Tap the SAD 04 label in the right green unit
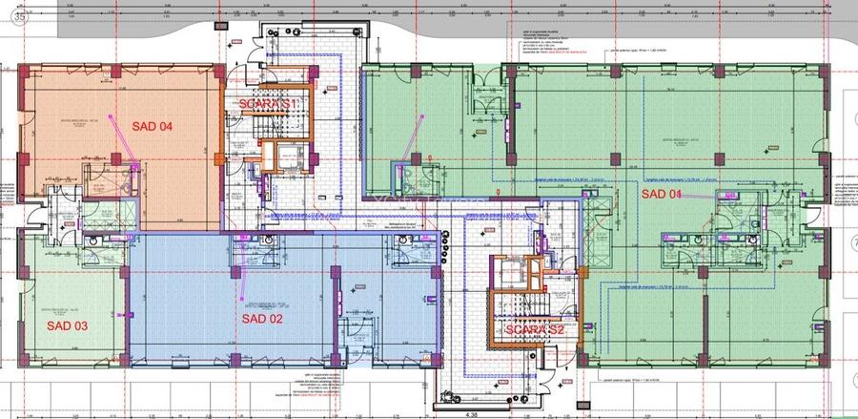click(663, 195)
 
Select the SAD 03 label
click(68, 326)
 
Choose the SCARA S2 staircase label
click(535, 329)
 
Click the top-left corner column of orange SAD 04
click(24, 71)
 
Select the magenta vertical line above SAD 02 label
click(243, 286)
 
